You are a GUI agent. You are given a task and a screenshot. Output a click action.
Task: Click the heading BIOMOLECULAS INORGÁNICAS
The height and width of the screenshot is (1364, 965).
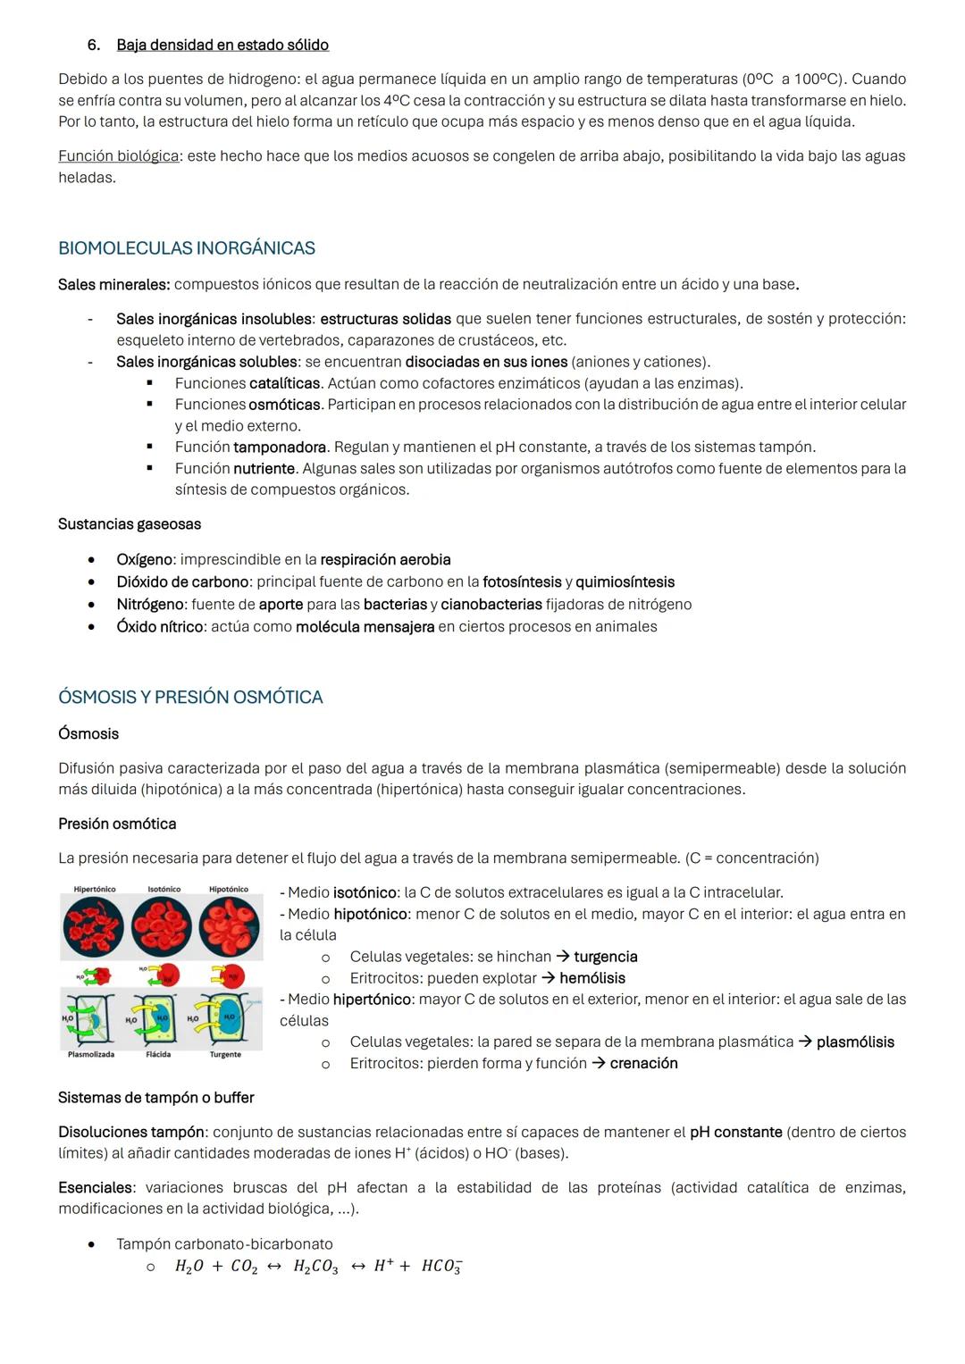coord(186,248)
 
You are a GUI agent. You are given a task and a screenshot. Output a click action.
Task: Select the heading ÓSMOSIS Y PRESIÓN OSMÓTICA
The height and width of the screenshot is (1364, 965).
coord(190,697)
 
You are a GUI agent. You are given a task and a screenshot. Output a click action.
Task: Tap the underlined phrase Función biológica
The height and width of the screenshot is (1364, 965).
coord(118,156)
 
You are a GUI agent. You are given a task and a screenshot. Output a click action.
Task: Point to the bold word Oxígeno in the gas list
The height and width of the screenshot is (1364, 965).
coord(144,560)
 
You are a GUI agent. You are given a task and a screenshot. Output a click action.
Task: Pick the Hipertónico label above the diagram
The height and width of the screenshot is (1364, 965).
coord(94,890)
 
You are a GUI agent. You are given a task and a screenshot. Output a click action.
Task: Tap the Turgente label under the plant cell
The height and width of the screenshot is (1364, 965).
coord(225,1055)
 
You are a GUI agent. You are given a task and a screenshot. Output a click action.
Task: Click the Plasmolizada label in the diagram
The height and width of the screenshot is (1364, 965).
coord(91,1055)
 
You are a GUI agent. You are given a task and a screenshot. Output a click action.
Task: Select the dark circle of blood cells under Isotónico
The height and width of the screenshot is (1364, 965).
coord(162,926)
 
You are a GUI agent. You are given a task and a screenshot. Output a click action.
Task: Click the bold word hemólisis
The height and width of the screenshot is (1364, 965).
coord(592,978)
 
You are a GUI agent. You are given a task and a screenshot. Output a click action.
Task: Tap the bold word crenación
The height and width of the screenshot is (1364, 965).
coord(643,1063)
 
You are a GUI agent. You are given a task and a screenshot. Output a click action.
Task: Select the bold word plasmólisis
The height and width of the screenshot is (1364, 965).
coord(855,1042)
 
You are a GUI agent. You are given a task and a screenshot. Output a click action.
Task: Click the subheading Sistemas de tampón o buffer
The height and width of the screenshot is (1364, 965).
coord(155,1098)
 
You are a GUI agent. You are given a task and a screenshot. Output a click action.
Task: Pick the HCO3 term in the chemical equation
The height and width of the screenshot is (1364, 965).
coord(441,1267)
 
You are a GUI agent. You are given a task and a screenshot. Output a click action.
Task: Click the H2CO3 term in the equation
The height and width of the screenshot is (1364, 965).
coord(315,1267)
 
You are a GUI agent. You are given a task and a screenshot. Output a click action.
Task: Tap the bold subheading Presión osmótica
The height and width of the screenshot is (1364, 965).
coord(117,824)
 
